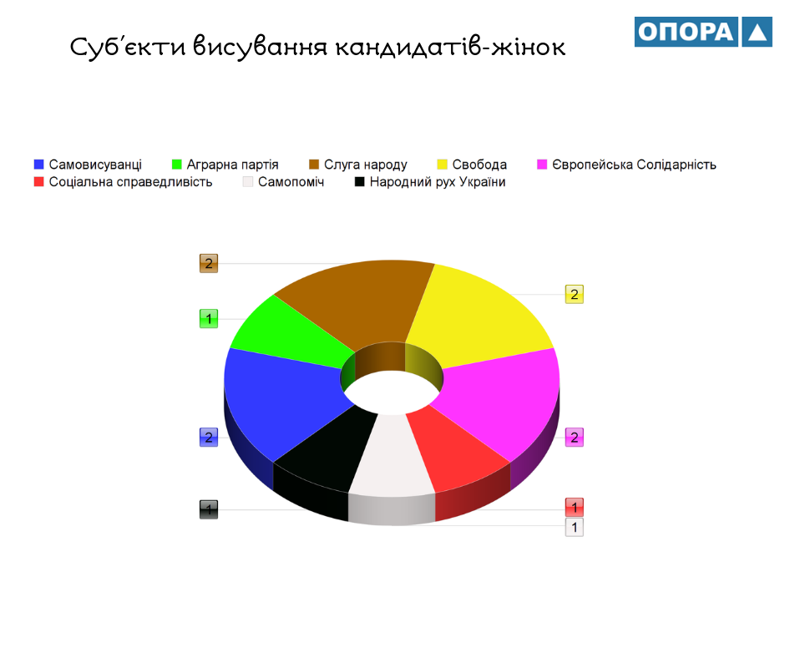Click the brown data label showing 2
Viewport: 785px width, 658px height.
point(209,263)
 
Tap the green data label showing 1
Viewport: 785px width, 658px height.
point(209,318)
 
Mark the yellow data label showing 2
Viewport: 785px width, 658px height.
point(575,295)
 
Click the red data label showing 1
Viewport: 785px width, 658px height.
point(575,507)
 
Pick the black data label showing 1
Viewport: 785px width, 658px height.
point(209,509)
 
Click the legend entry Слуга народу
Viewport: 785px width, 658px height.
point(358,164)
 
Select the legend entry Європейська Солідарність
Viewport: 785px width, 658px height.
point(626,164)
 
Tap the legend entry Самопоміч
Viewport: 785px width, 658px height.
point(283,182)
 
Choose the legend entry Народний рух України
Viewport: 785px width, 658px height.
point(430,182)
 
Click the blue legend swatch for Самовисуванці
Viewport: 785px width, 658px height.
point(38,164)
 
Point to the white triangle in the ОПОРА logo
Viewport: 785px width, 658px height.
point(757,32)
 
